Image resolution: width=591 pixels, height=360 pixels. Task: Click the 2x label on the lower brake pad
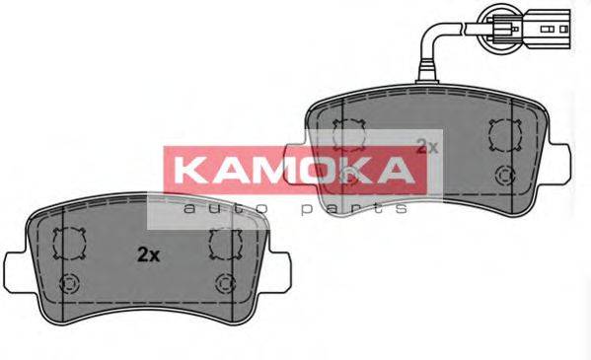coord(147,253)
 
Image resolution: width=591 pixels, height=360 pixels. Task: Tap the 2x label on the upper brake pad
coord(426,146)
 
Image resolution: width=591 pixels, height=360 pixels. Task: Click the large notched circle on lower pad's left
coord(70,243)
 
